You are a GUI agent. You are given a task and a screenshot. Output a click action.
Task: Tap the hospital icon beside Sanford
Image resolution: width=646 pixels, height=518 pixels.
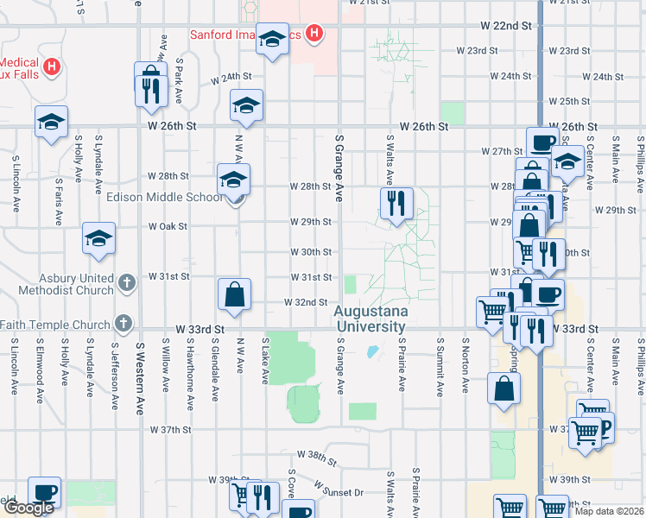coord(314,35)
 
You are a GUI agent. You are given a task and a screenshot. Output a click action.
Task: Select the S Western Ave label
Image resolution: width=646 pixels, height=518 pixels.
coord(138,377)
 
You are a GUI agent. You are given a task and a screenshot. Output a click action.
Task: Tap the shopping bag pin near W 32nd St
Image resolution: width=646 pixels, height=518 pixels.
coord(234,294)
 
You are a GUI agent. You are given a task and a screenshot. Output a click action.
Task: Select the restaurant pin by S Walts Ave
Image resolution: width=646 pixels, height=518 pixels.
coord(396,204)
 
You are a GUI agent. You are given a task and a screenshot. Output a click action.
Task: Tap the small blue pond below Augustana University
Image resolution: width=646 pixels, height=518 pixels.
coord(372,351)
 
